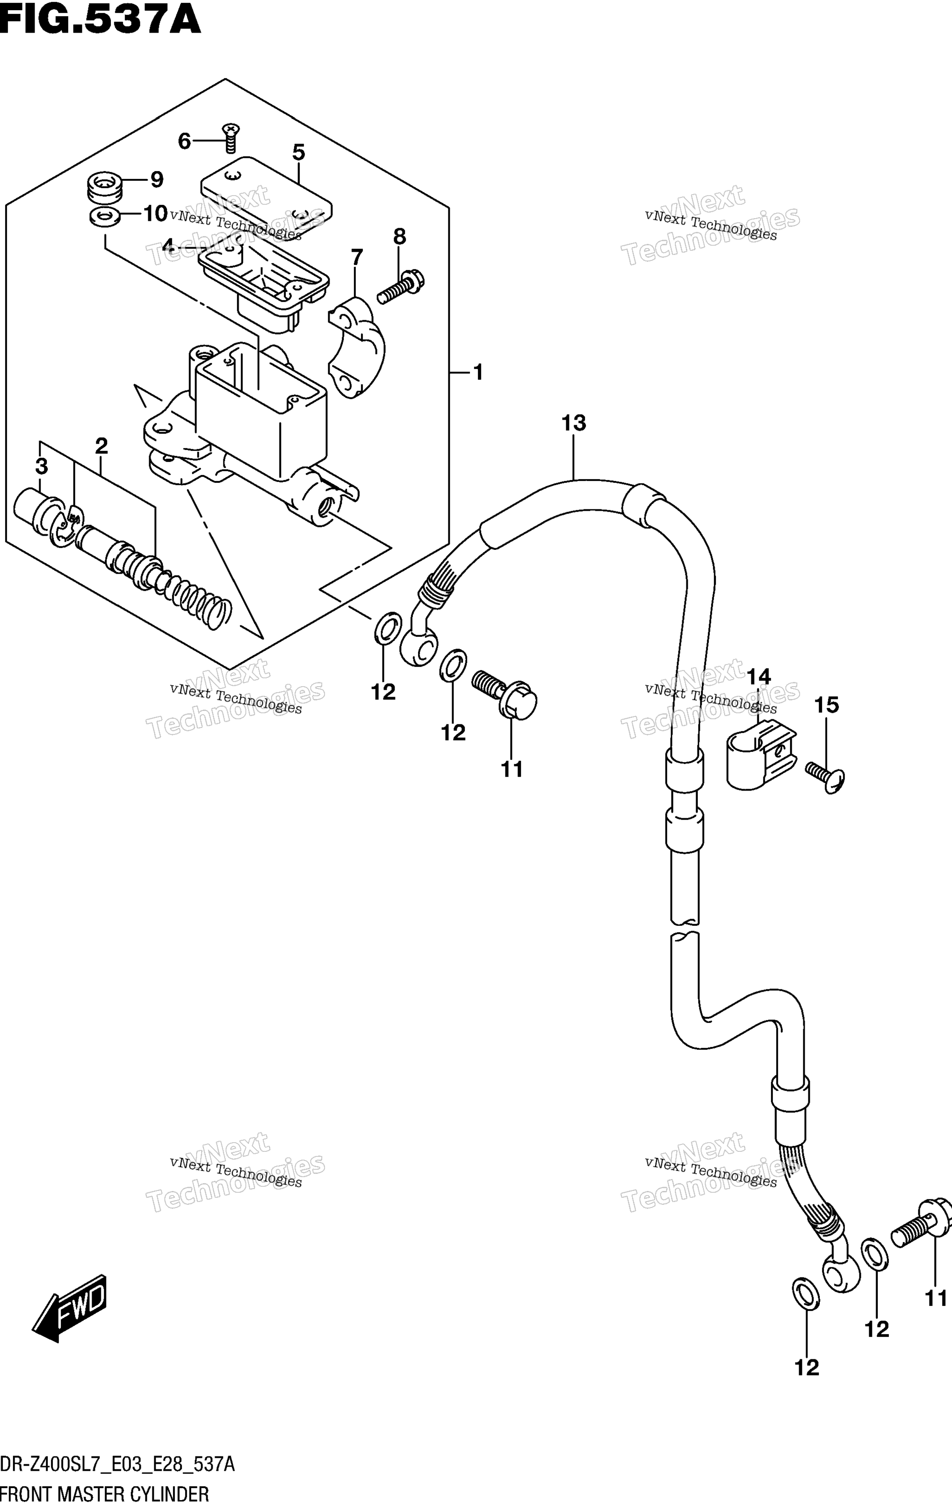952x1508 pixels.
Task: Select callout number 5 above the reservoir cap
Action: point(299,152)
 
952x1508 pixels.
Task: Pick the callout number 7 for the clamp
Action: point(356,257)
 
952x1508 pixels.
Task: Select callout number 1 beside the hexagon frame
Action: point(478,373)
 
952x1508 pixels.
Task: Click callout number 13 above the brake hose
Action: point(574,423)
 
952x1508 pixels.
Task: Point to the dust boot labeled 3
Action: point(38,513)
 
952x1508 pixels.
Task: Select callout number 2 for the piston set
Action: point(101,446)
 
